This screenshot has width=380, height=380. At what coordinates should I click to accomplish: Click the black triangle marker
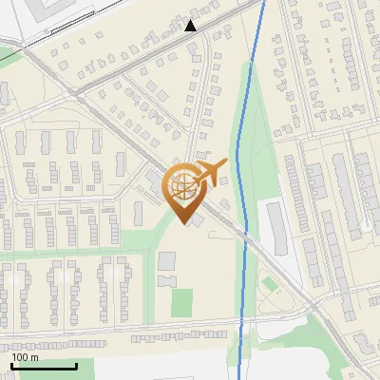[192, 26]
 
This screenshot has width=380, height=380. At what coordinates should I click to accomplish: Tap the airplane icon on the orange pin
[208, 173]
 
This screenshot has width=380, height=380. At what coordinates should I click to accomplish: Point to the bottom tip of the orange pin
[182, 224]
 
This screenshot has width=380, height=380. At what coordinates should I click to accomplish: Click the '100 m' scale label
[25, 357]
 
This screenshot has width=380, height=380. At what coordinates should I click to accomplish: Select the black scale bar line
[44, 366]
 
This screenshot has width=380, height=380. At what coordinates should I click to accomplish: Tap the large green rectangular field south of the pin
[181, 302]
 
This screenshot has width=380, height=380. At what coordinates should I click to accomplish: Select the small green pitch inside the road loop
[271, 284]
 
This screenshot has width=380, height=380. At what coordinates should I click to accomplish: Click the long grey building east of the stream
[277, 229]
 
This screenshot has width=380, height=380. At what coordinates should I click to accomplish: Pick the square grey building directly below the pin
[167, 260]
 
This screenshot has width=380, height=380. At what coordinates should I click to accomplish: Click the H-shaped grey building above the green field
[167, 281]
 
